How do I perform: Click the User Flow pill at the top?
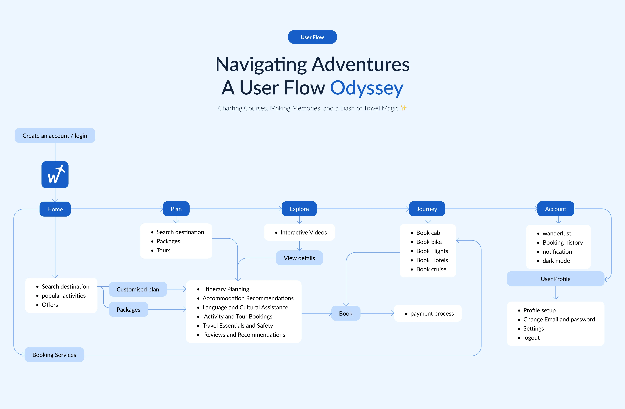pyautogui.click(x=312, y=37)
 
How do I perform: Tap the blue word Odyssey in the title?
pyautogui.click(x=367, y=88)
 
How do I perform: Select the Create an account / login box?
pyautogui.click(x=55, y=135)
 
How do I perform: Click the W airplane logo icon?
pyautogui.click(x=55, y=175)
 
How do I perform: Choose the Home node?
pyautogui.click(x=55, y=209)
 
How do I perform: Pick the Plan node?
pyautogui.click(x=176, y=209)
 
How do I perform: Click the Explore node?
pyautogui.click(x=299, y=209)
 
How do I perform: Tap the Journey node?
pyautogui.click(x=427, y=209)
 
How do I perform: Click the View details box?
pyautogui.click(x=299, y=258)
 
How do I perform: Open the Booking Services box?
pyautogui.click(x=54, y=355)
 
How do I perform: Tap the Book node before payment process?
pyautogui.click(x=346, y=313)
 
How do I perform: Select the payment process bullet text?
pyautogui.click(x=432, y=313)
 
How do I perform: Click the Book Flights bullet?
pyautogui.click(x=432, y=251)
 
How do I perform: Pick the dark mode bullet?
pyautogui.click(x=556, y=261)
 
